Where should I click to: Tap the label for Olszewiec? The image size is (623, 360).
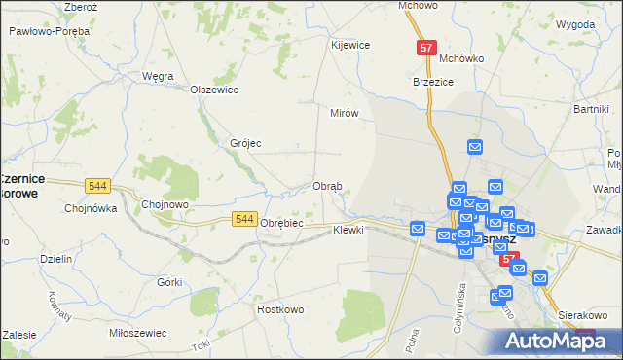[x=214, y=90]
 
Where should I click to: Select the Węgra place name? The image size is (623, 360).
[x=158, y=75]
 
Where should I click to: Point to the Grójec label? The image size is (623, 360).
[x=245, y=143]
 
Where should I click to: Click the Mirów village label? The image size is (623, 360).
[x=345, y=113]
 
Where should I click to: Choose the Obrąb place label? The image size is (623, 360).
[x=326, y=186]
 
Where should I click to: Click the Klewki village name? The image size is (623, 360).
[x=348, y=230]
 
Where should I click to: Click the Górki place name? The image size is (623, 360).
[x=169, y=281]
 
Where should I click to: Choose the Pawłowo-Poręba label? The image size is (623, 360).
[x=49, y=31]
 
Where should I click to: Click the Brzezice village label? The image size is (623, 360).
[x=434, y=83]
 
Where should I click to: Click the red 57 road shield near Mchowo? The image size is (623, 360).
[x=425, y=48]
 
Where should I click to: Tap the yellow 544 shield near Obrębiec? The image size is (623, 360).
[x=245, y=221]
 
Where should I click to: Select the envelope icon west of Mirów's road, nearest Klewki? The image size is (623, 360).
[x=418, y=229]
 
